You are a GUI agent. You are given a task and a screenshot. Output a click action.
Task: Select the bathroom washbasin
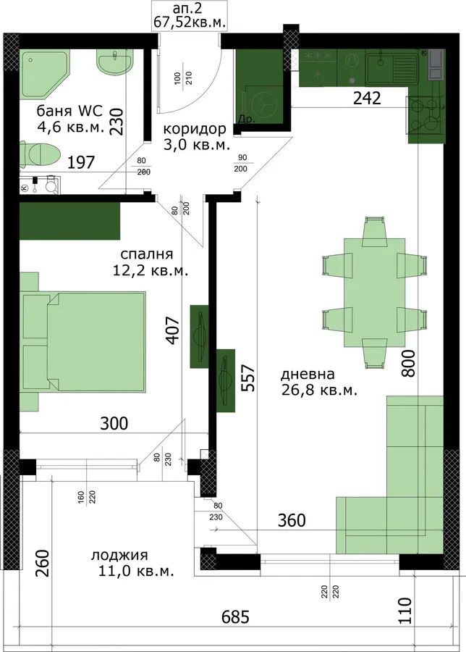coord(115,63)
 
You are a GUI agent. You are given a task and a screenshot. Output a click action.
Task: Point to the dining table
coord(375,293)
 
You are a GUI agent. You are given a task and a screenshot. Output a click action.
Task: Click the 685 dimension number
coord(235,617)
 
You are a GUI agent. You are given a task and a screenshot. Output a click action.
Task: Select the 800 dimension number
coord(408,363)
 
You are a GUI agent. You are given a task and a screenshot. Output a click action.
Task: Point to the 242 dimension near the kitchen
coord(367,98)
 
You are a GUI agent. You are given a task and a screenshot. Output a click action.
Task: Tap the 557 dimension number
coord(248,378)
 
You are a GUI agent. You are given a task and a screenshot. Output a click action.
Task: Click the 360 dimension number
coord(292,519)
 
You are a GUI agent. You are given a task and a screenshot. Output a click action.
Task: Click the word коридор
coord(195,129)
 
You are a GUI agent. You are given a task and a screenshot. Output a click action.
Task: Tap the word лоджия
coord(119,555)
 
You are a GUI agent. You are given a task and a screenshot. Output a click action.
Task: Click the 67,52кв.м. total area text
coord(190,22)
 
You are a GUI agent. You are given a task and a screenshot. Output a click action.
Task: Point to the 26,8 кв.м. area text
coord(319,390)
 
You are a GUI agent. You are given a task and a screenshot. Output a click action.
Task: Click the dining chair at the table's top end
coord(375,230)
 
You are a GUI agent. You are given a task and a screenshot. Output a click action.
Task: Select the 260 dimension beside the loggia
coord(43,563)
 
